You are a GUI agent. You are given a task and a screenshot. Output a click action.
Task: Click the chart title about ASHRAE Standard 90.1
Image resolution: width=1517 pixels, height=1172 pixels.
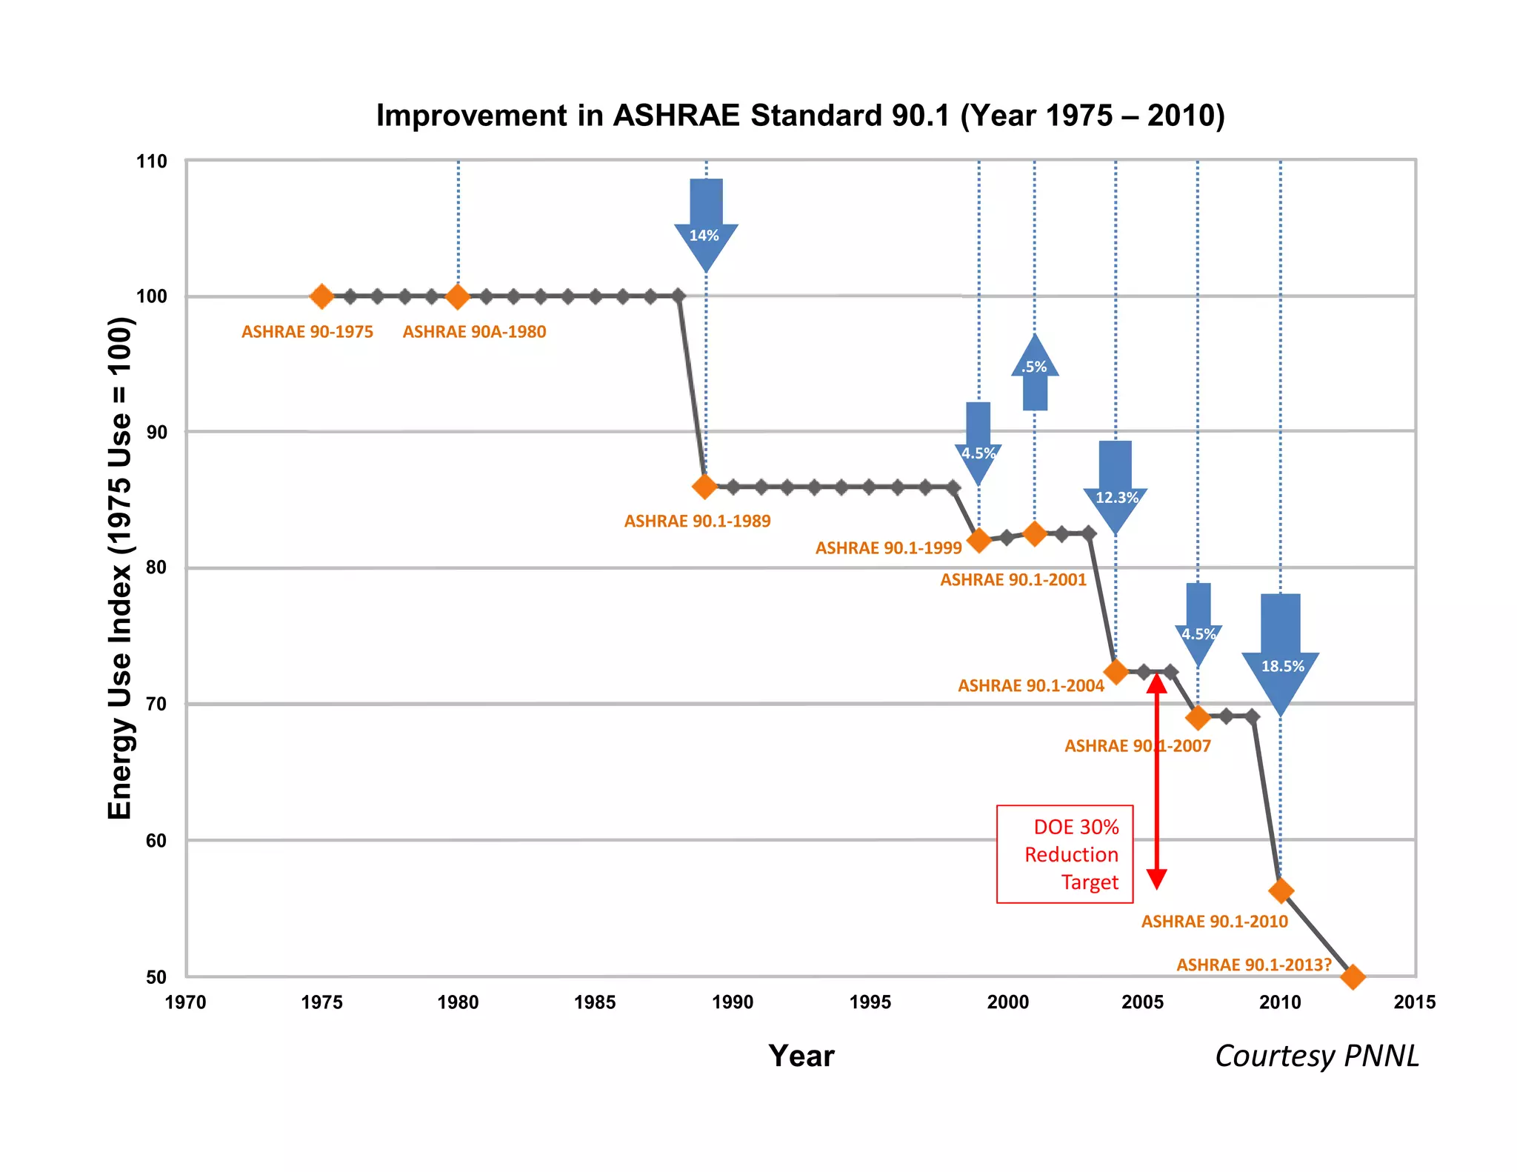click(x=800, y=116)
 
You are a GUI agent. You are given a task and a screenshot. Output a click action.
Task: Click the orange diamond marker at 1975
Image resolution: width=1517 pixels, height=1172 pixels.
click(x=321, y=296)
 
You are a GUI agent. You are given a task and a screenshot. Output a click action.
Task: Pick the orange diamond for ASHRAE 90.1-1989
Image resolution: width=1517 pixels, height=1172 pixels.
click(x=704, y=487)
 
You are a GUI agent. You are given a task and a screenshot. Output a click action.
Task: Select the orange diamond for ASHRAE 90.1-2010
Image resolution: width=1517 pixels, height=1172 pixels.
click(x=1281, y=890)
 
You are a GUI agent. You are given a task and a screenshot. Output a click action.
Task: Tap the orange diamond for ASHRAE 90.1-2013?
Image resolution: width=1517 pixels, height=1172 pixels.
click(x=1353, y=976)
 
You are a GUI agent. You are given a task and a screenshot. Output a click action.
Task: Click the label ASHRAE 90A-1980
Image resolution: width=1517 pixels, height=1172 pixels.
click(x=474, y=332)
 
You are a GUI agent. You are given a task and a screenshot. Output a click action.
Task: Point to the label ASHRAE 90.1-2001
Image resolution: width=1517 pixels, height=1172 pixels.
click(x=1013, y=580)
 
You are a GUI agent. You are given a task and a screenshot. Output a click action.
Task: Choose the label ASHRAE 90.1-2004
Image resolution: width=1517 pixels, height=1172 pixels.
click(x=1030, y=686)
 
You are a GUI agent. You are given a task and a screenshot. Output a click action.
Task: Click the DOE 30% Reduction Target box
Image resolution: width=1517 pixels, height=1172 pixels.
click(x=1064, y=854)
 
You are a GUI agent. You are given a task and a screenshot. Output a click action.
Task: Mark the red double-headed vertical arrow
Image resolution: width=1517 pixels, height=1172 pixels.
click(x=1156, y=782)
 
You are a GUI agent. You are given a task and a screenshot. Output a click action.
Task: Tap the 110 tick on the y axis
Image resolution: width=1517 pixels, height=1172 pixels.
click(x=151, y=162)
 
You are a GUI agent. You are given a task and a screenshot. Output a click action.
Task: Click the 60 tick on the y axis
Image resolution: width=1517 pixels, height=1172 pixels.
click(x=156, y=841)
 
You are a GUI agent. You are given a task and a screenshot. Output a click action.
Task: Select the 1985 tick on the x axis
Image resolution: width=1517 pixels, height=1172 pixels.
click(x=595, y=1002)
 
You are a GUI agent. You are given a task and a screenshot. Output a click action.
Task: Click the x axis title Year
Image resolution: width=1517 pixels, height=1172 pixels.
click(x=801, y=1056)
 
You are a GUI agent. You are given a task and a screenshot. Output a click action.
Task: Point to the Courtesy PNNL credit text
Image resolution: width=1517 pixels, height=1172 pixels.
click(x=1316, y=1056)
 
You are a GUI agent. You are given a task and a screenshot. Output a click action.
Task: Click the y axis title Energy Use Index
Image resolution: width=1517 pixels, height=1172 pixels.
click(x=119, y=568)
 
